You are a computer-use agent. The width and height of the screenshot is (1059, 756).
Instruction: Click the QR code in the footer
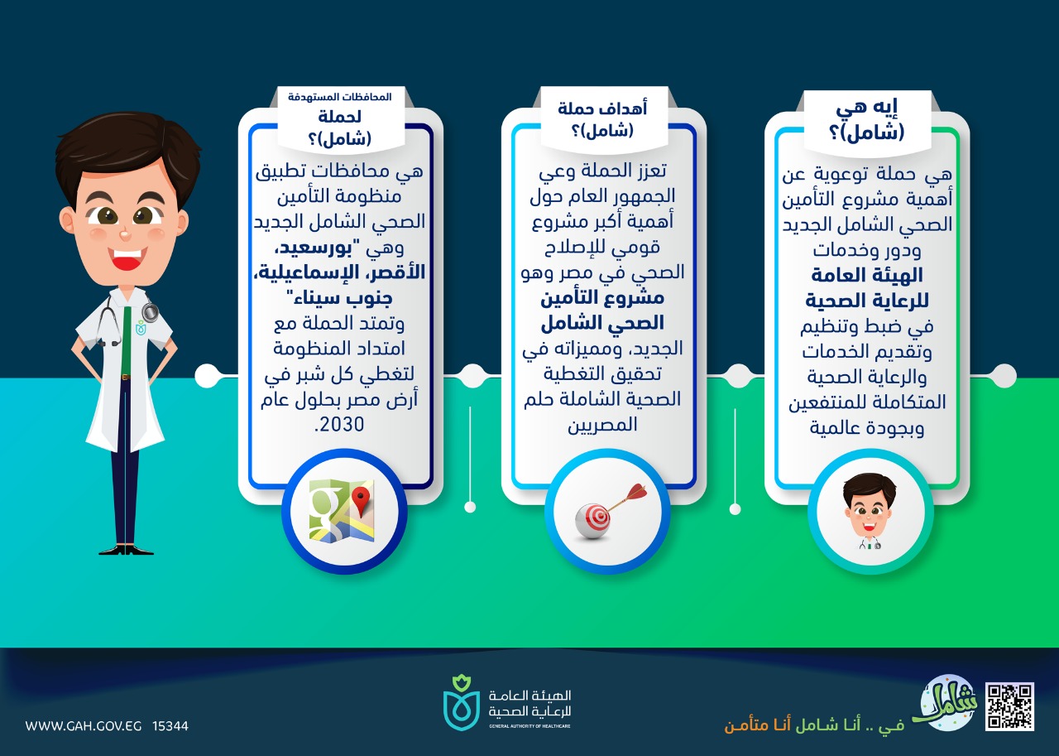(x=1009, y=706)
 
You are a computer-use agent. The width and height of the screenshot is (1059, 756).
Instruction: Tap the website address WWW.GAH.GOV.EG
(x=84, y=725)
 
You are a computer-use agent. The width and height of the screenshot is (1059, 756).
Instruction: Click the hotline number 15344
(x=170, y=725)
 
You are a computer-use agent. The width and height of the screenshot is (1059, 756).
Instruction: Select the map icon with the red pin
(x=342, y=510)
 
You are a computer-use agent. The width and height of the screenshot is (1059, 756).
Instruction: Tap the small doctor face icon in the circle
(x=870, y=511)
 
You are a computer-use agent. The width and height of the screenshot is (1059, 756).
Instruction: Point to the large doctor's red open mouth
(x=127, y=258)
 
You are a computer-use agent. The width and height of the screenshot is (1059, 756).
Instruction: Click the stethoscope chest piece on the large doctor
(x=151, y=312)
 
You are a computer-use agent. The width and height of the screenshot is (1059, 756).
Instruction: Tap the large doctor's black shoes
(x=127, y=550)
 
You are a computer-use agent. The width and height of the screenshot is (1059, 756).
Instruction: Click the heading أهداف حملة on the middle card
(x=602, y=108)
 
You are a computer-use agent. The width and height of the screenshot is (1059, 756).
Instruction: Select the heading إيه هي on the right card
(x=866, y=108)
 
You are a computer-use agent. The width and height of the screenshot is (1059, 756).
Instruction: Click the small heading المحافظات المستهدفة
(x=339, y=97)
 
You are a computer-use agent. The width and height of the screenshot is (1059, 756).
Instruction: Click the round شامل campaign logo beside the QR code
(x=947, y=701)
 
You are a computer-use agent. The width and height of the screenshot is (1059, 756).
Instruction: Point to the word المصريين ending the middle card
(x=603, y=424)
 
